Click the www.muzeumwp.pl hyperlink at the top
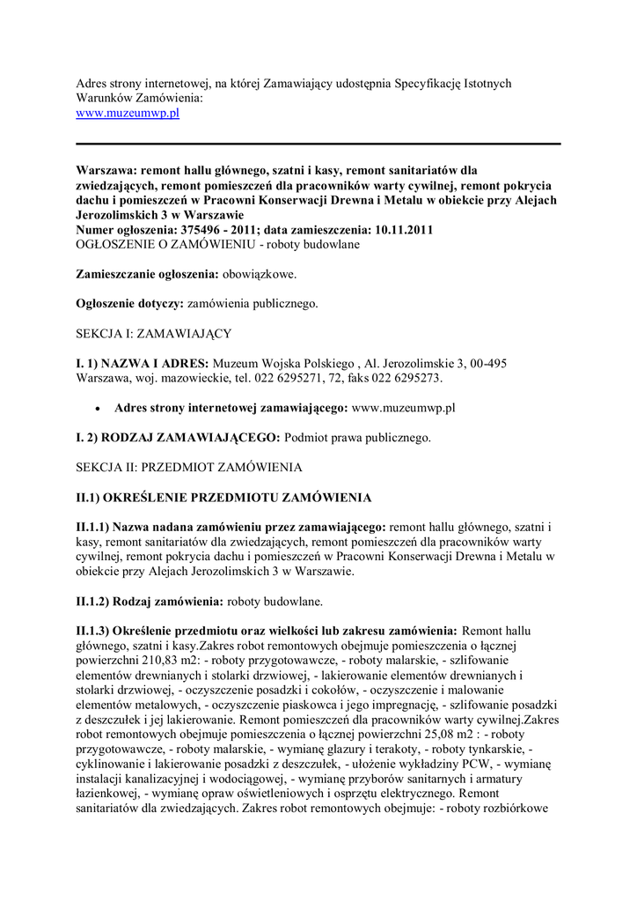128,114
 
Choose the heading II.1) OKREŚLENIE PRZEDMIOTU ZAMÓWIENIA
223,498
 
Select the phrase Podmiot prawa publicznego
357,438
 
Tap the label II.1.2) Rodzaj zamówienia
150,602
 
